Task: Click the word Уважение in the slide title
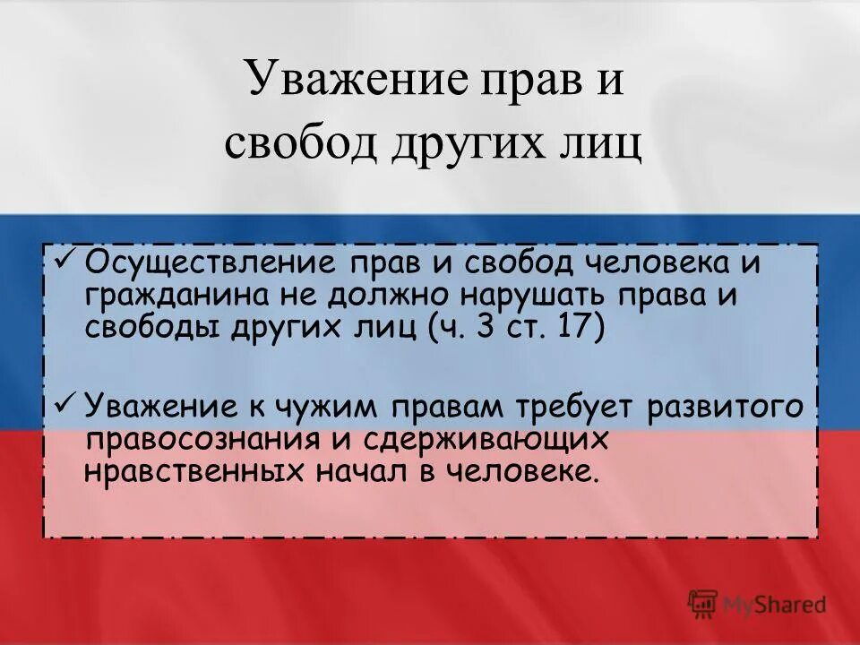pyautogui.click(x=356, y=79)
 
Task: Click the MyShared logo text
pyautogui.click(x=775, y=604)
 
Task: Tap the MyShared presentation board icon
pyautogui.click(x=703, y=604)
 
